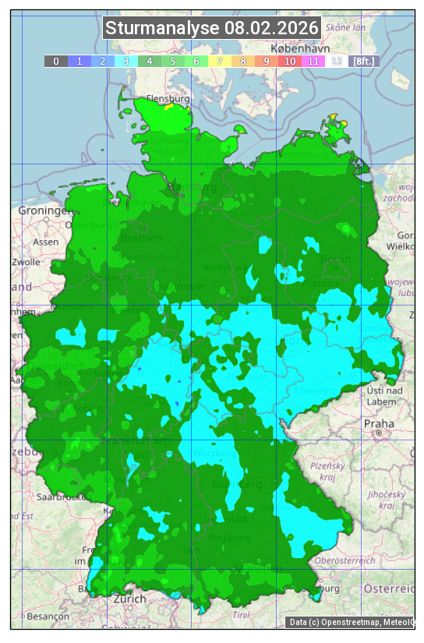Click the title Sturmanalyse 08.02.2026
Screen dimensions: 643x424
tap(212, 29)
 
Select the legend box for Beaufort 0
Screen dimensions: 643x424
tap(55, 61)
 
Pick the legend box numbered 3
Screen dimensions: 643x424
tap(125, 61)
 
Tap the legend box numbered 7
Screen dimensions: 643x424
tap(219, 61)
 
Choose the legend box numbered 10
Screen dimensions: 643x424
tap(289, 61)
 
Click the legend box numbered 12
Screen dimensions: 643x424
tap(336, 61)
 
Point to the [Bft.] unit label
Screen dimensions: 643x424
tap(363, 61)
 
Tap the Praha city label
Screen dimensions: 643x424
tap(378, 423)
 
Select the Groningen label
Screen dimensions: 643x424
tap(43, 210)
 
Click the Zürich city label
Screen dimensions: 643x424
tap(129, 599)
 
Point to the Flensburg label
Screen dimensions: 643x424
tap(168, 100)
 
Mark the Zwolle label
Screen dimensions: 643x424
tap(26, 262)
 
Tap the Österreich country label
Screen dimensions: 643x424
tap(391, 588)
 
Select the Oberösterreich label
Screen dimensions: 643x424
tap(344, 560)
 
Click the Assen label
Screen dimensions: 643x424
tap(46, 242)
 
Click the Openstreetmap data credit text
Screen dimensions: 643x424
tap(351, 622)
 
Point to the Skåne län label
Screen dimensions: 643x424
tap(344, 26)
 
